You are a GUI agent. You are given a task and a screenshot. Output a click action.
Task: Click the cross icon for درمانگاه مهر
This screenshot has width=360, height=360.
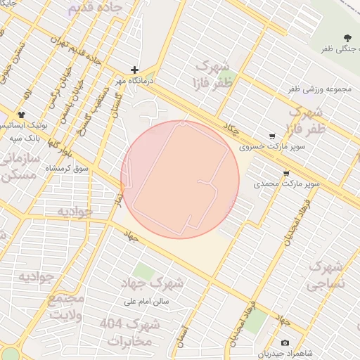pyautogui.click(x=134, y=70)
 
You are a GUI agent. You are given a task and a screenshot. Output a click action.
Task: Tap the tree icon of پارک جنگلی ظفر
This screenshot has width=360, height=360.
pyautogui.click(x=347, y=37)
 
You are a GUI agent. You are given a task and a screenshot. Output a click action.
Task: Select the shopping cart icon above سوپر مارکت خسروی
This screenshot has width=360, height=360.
pyautogui.click(x=272, y=136)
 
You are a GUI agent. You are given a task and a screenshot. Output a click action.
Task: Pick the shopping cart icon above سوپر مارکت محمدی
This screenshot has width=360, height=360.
pyautogui.click(x=285, y=172)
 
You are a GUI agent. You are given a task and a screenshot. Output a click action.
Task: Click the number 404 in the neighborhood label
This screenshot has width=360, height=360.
pyautogui.click(x=111, y=324)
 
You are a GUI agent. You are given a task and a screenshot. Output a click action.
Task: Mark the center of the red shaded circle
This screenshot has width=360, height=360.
pyautogui.click(x=180, y=179)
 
